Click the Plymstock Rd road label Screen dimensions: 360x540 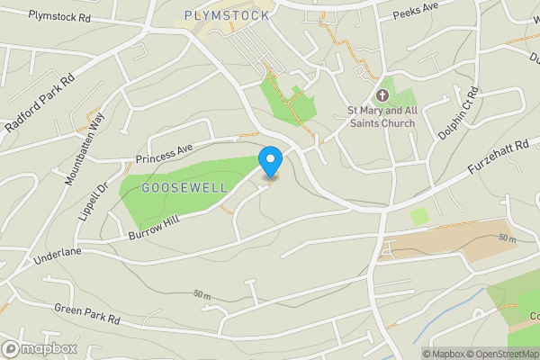click(59, 17)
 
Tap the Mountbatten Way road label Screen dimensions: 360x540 click(84, 149)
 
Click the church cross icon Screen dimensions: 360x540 click(382, 95)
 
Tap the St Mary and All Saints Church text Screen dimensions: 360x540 click(383, 117)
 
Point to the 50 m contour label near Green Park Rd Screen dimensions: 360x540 click(202, 295)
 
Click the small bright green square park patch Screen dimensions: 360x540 click(419, 216)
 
